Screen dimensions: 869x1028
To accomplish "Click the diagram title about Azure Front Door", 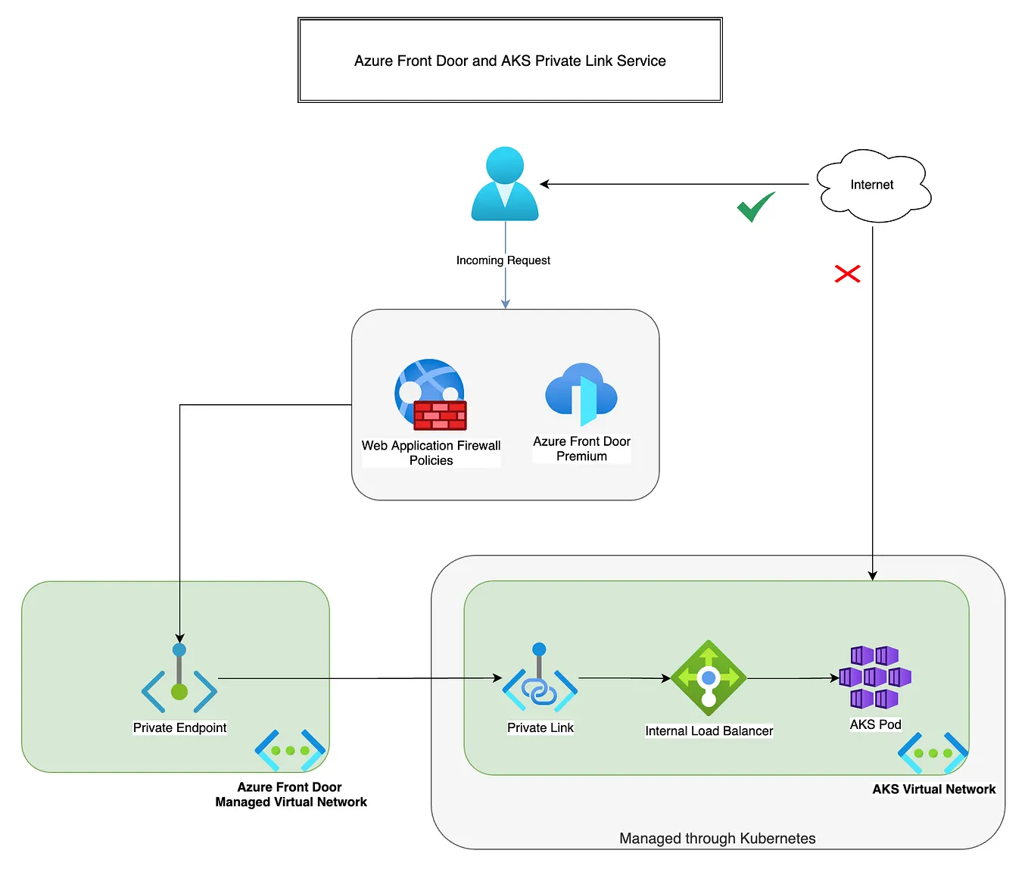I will (x=509, y=61).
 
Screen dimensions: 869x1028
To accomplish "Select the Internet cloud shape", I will (x=873, y=185).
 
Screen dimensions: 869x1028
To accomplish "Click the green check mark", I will (x=755, y=207).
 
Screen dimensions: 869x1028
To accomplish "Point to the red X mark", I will (x=847, y=273).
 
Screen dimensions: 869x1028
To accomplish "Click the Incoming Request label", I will (x=503, y=260).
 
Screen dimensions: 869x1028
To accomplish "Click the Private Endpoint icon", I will (x=179, y=679).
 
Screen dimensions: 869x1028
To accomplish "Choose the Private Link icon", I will (x=540, y=679).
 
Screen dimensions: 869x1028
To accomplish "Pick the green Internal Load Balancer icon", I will (x=709, y=678).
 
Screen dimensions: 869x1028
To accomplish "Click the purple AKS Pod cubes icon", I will (x=875, y=677).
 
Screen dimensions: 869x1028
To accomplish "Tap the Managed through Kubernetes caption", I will (x=717, y=838).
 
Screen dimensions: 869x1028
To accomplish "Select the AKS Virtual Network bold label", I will (x=933, y=789).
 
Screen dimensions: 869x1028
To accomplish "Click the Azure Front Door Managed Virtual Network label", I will (x=291, y=795).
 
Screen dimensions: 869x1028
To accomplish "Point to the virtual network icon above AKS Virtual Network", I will (x=933, y=752).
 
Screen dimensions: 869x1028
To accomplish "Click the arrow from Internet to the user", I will (x=674, y=184).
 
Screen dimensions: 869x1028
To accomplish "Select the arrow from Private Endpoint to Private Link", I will (x=360, y=678).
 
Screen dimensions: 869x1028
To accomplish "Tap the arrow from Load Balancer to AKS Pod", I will (x=793, y=678).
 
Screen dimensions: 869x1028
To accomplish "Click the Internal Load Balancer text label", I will (x=709, y=731).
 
